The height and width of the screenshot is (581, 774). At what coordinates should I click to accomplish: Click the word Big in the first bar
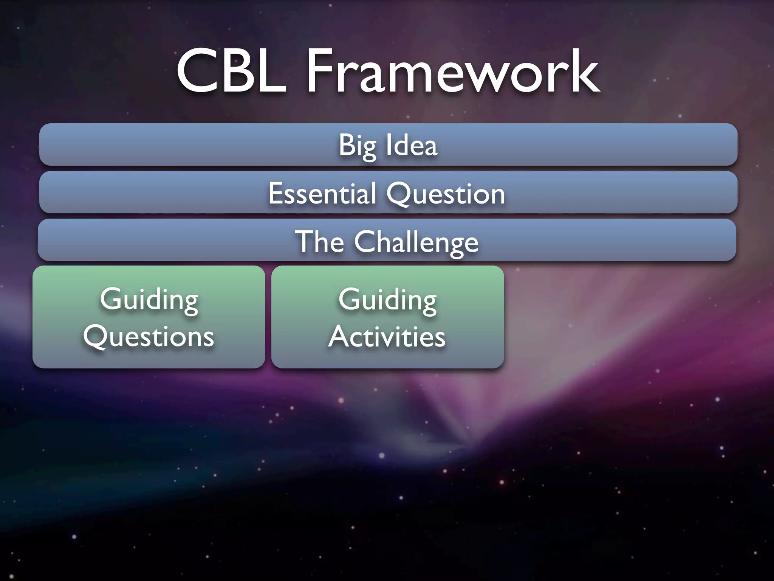coord(357,146)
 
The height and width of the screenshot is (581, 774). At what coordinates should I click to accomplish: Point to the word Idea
coord(412,145)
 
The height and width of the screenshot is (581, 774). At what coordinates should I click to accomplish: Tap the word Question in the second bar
coord(446,194)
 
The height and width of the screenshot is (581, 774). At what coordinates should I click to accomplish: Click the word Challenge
coord(416,242)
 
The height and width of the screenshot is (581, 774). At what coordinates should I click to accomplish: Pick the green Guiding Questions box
coord(149,359)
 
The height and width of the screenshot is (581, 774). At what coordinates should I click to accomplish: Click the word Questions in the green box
coord(149,337)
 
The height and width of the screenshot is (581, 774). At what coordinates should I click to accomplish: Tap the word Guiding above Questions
coord(149,300)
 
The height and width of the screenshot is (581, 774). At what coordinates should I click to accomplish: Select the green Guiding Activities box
coord(387,359)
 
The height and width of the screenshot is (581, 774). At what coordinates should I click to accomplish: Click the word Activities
coord(387,337)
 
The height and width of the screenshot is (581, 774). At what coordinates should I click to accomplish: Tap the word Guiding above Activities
coord(387,300)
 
